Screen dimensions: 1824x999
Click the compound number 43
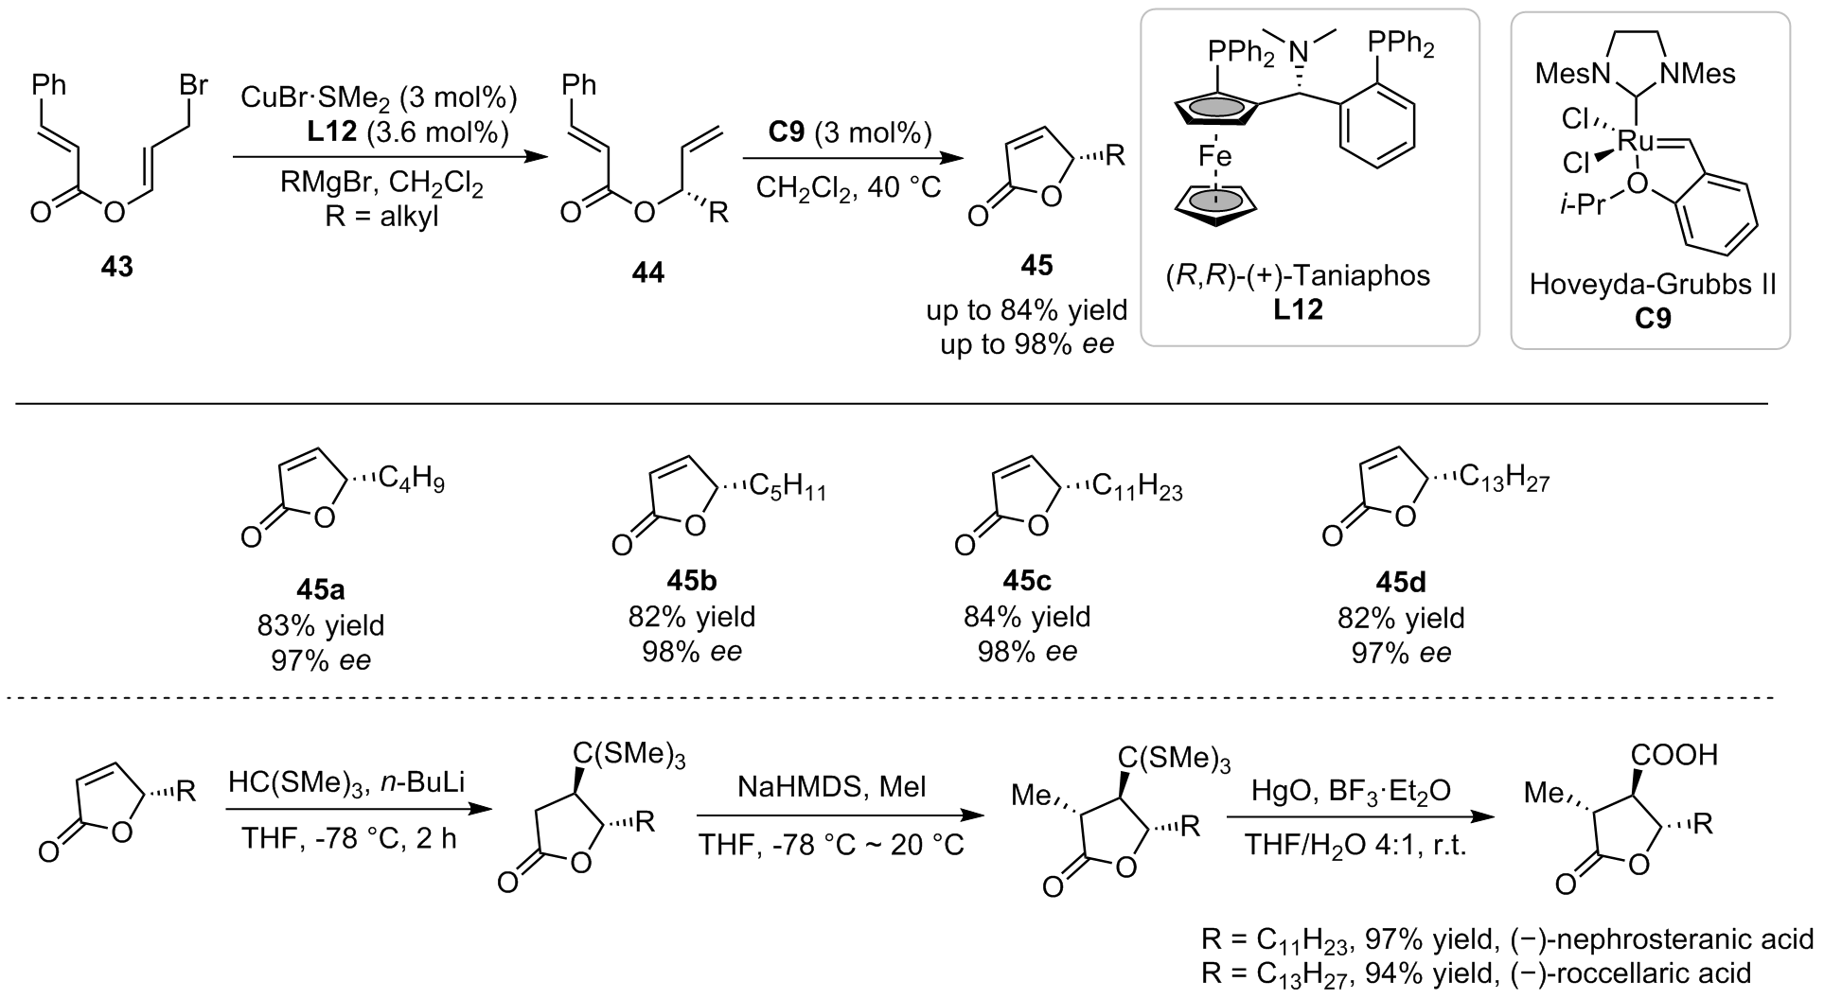pyautogui.click(x=117, y=269)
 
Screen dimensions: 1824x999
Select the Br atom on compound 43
pyautogui.click(x=194, y=86)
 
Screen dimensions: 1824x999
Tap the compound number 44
pyautogui.click(x=648, y=274)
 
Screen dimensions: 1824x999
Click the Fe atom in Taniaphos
pyautogui.click(x=1214, y=154)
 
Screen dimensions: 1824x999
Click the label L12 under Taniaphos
pyautogui.click(x=1298, y=309)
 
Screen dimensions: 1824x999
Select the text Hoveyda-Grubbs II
pyautogui.click(x=1653, y=285)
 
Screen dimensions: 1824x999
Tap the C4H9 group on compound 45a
pyautogui.click(x=412, y=482)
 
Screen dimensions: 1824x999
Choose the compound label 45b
pyautogui.click(x=692, y=579)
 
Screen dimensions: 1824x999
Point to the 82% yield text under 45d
pyautogui.click(x=1401, y=618)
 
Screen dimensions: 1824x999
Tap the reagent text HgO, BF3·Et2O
pyautogui.click(x=1347, y=790)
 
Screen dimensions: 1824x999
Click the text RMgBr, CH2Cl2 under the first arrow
pyautogui.click(x=381, y=187)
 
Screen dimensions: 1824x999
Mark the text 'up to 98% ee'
pyautogui.click(x=1027, y=344)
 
